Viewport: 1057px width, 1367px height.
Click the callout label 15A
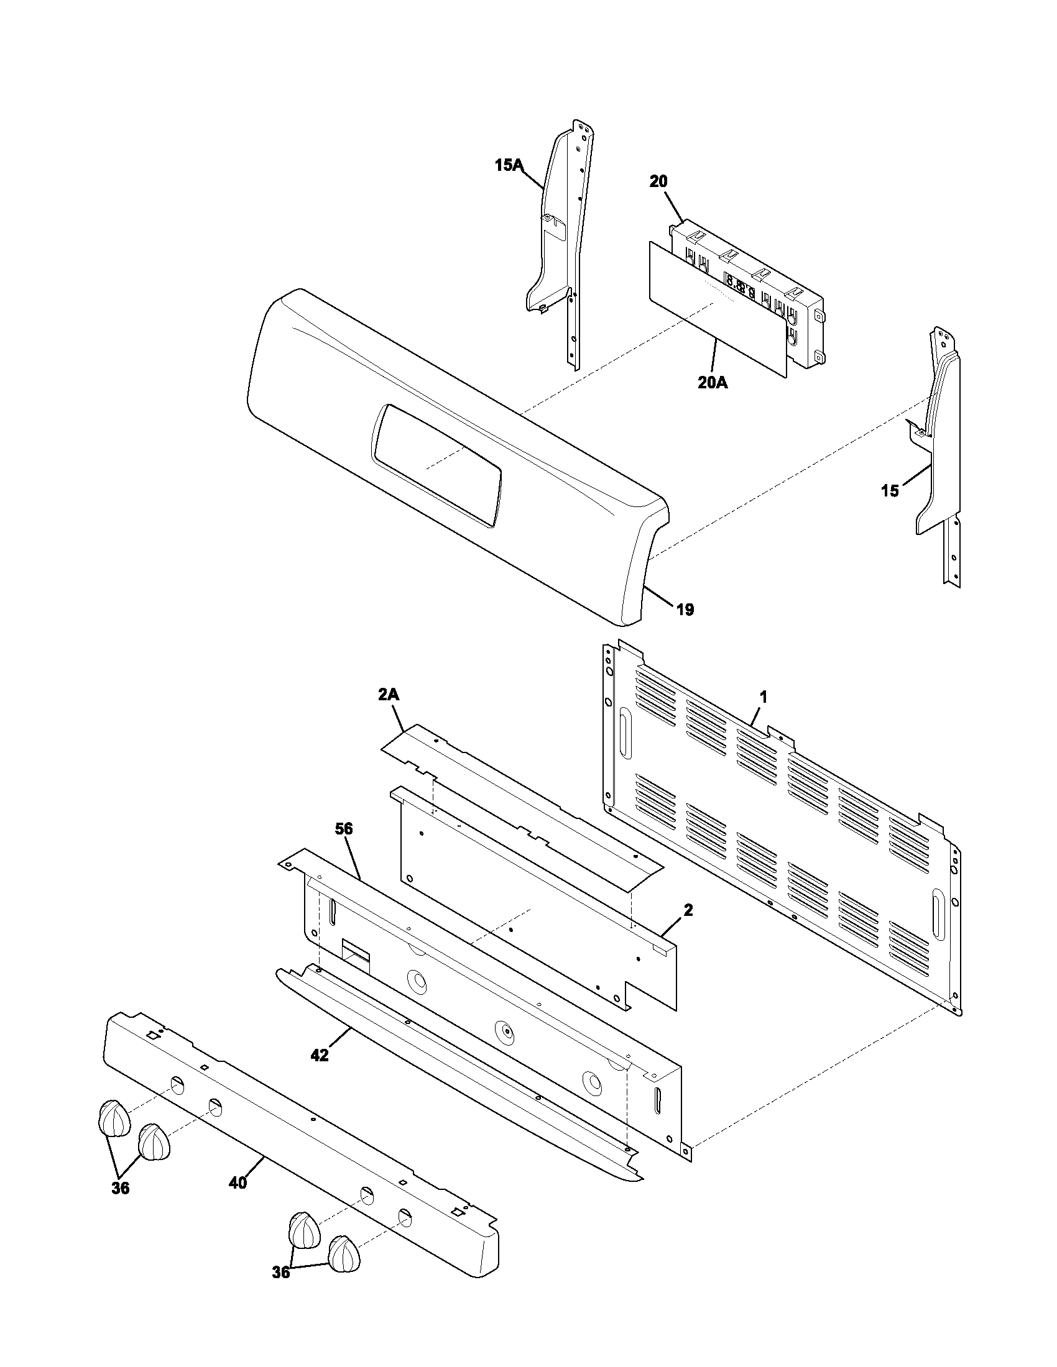click(x=509, y=165)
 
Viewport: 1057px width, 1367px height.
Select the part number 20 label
click(x=658, y=181)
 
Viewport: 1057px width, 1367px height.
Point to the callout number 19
click(x=685, y=610)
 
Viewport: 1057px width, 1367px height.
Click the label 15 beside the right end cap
click(x=890, y=491)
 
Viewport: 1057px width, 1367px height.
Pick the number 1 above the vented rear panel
click(x=764, y=697)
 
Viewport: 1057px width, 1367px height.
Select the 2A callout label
click(x=388, y=694)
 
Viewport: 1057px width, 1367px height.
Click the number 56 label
click(x=344, y=830)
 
